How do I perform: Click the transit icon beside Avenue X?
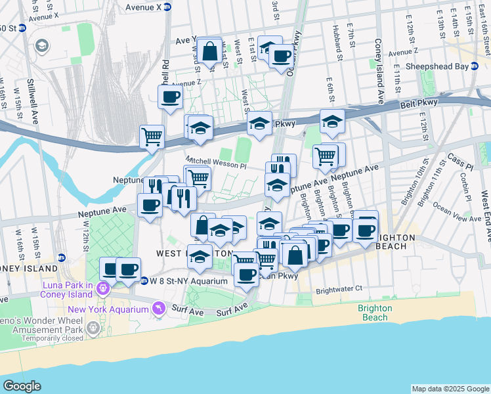167,7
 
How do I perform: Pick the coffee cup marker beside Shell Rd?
171,97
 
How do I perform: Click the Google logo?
22,386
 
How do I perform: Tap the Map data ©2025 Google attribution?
450,389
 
